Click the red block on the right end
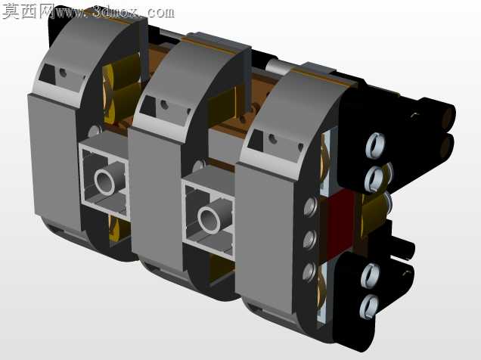pyautogui.click(x=340, y=224)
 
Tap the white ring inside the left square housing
pyautogui.click(x=104, y=182)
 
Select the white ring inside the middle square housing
pyautogui.click(x=209, y=219)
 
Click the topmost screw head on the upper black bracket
pyautogui.click(x=375, y=144)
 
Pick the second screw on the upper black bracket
pyautogui.click(x=374, y=178)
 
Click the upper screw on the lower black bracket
pyautogui.click(x=371, y=275)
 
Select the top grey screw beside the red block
pyautogui.click(x=311, y=206)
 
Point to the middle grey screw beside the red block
pyautogui.click(x=310, y=239)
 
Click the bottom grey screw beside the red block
pyautogui.click(x=309, y=272)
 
